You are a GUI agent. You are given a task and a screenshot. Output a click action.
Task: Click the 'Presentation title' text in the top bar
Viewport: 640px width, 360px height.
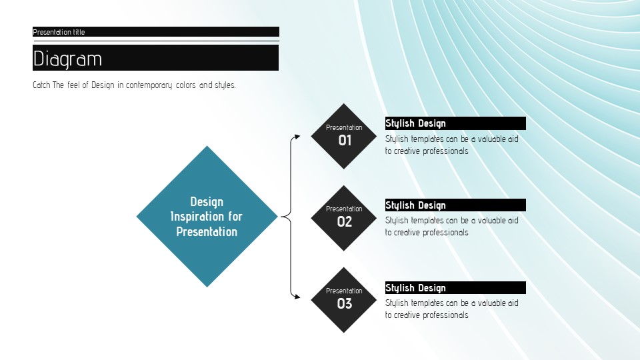pyautogui.click(x=59, y=32)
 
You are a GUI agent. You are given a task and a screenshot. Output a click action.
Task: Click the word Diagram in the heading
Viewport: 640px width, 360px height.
pyautogui.click(x=67, y=59)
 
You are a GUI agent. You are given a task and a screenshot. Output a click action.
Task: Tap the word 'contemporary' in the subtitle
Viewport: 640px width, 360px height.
pyautogui.click(x=149, y=85)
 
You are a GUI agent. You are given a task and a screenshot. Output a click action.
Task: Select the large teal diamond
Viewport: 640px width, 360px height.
pyautogui.click(x=207, y=216)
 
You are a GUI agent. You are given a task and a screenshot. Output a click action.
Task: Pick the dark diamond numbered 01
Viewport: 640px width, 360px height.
pyautogui.click(x=344, y=136)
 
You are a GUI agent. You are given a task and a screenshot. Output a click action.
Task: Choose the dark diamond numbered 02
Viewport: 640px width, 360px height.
pyautogui.click(x=344, y=218)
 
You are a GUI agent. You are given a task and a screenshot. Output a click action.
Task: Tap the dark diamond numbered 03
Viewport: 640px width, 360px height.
pyautogui.click(x=344, y=300)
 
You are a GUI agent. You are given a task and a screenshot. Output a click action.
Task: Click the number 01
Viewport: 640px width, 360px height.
pyautogui.click(x=345, y=141)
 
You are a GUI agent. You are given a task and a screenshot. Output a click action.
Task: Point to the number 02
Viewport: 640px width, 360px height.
pyautogui.click(x=345, y=221)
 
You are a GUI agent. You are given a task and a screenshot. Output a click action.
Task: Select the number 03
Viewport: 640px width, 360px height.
pyautogui.click(x=345, y=304)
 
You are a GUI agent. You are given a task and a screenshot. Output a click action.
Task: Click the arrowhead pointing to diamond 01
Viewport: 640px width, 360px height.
pyautogui.click(x=297, y=136)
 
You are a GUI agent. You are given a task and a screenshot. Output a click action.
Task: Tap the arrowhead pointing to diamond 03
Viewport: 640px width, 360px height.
pyautogui.click(x=297, y=297)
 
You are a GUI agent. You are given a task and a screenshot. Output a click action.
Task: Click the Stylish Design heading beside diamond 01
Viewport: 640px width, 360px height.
pyautogui.click(x=415, y=123)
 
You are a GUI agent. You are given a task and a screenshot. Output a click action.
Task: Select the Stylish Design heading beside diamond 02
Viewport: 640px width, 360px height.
pyautogui.click(x=415, y=205)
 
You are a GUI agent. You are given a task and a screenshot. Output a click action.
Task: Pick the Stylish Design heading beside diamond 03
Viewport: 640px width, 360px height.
pyautogui.click(x=415, y=288)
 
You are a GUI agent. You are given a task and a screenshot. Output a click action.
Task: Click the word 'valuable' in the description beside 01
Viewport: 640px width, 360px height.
pyautogui.click(x=492, y=139)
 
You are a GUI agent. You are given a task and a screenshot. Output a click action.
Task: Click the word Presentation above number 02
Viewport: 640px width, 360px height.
pyautogui.click(x=344, y=209)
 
